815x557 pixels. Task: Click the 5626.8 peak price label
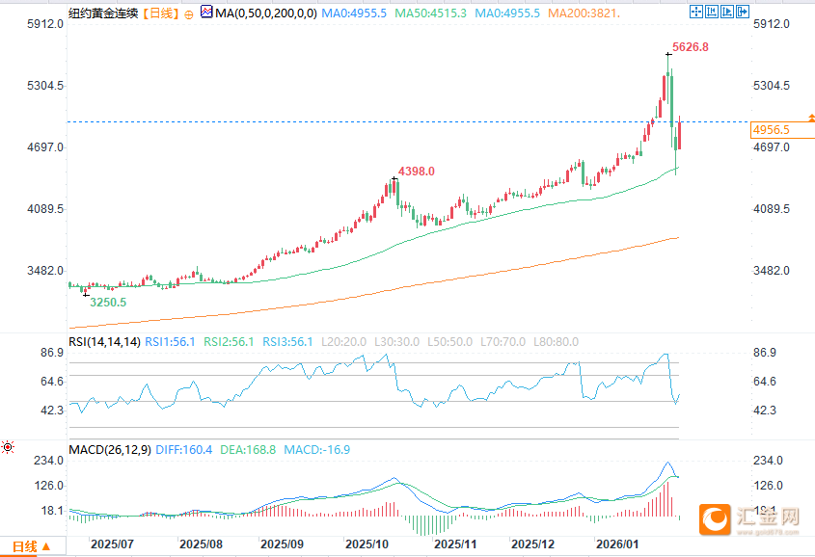tap(690, 47)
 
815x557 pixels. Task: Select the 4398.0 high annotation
tap(416, 171)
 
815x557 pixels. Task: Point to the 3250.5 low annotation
tap(107, 302)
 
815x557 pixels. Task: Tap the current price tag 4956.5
tap(772, 130)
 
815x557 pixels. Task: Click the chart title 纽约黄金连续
tap(103, 13)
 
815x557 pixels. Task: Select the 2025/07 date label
tap(112, 544)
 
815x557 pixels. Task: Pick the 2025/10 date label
tap(367, 544)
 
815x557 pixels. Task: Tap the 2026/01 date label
tap(618, 544)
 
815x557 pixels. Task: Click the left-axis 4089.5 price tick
tap(44, 209)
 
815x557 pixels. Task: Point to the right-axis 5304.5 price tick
tap(772, 86)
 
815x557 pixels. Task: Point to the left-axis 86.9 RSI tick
tap(50, 354)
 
